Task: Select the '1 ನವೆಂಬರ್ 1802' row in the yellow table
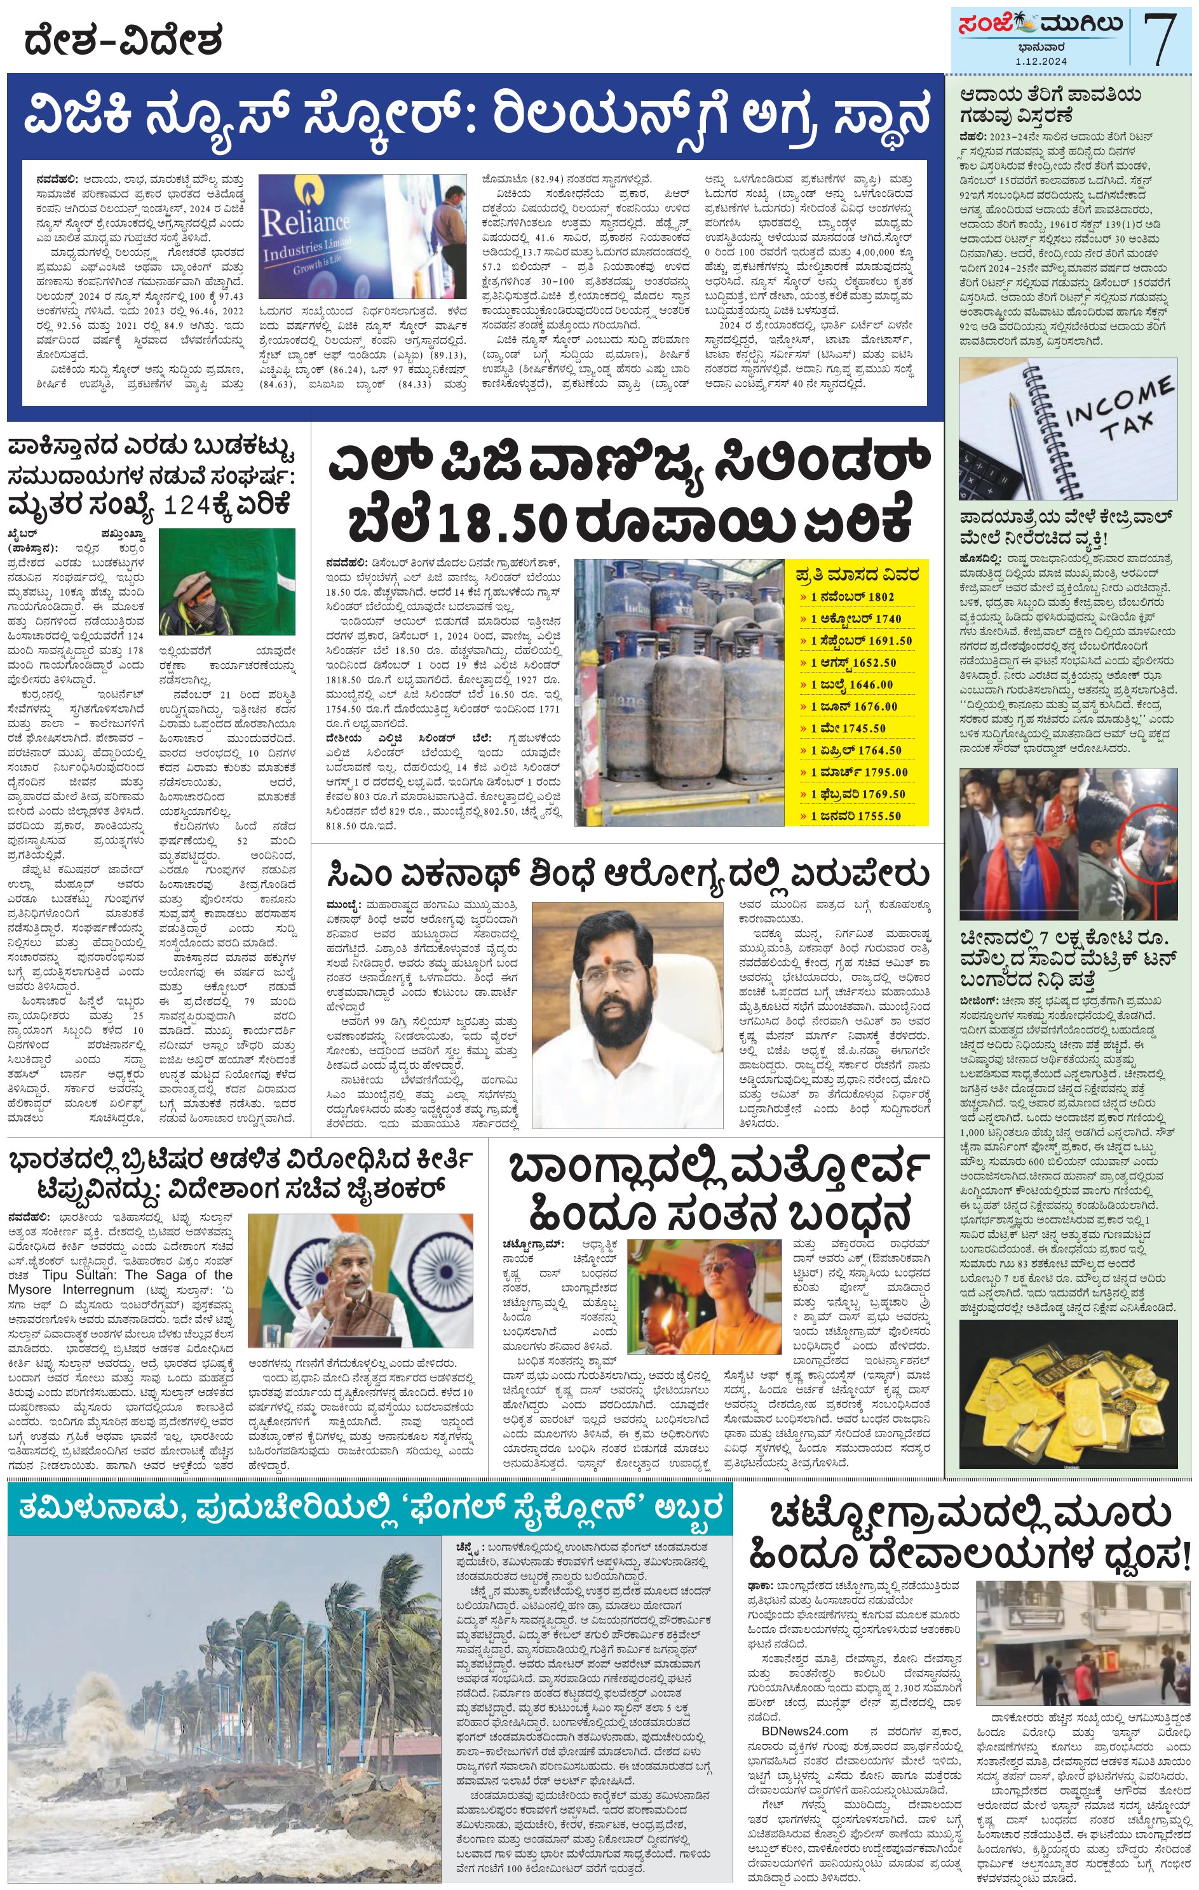pyautogui.click(x=853, y=596)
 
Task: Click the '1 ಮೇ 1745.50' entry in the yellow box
pyautogui.click(x=848, y=728)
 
